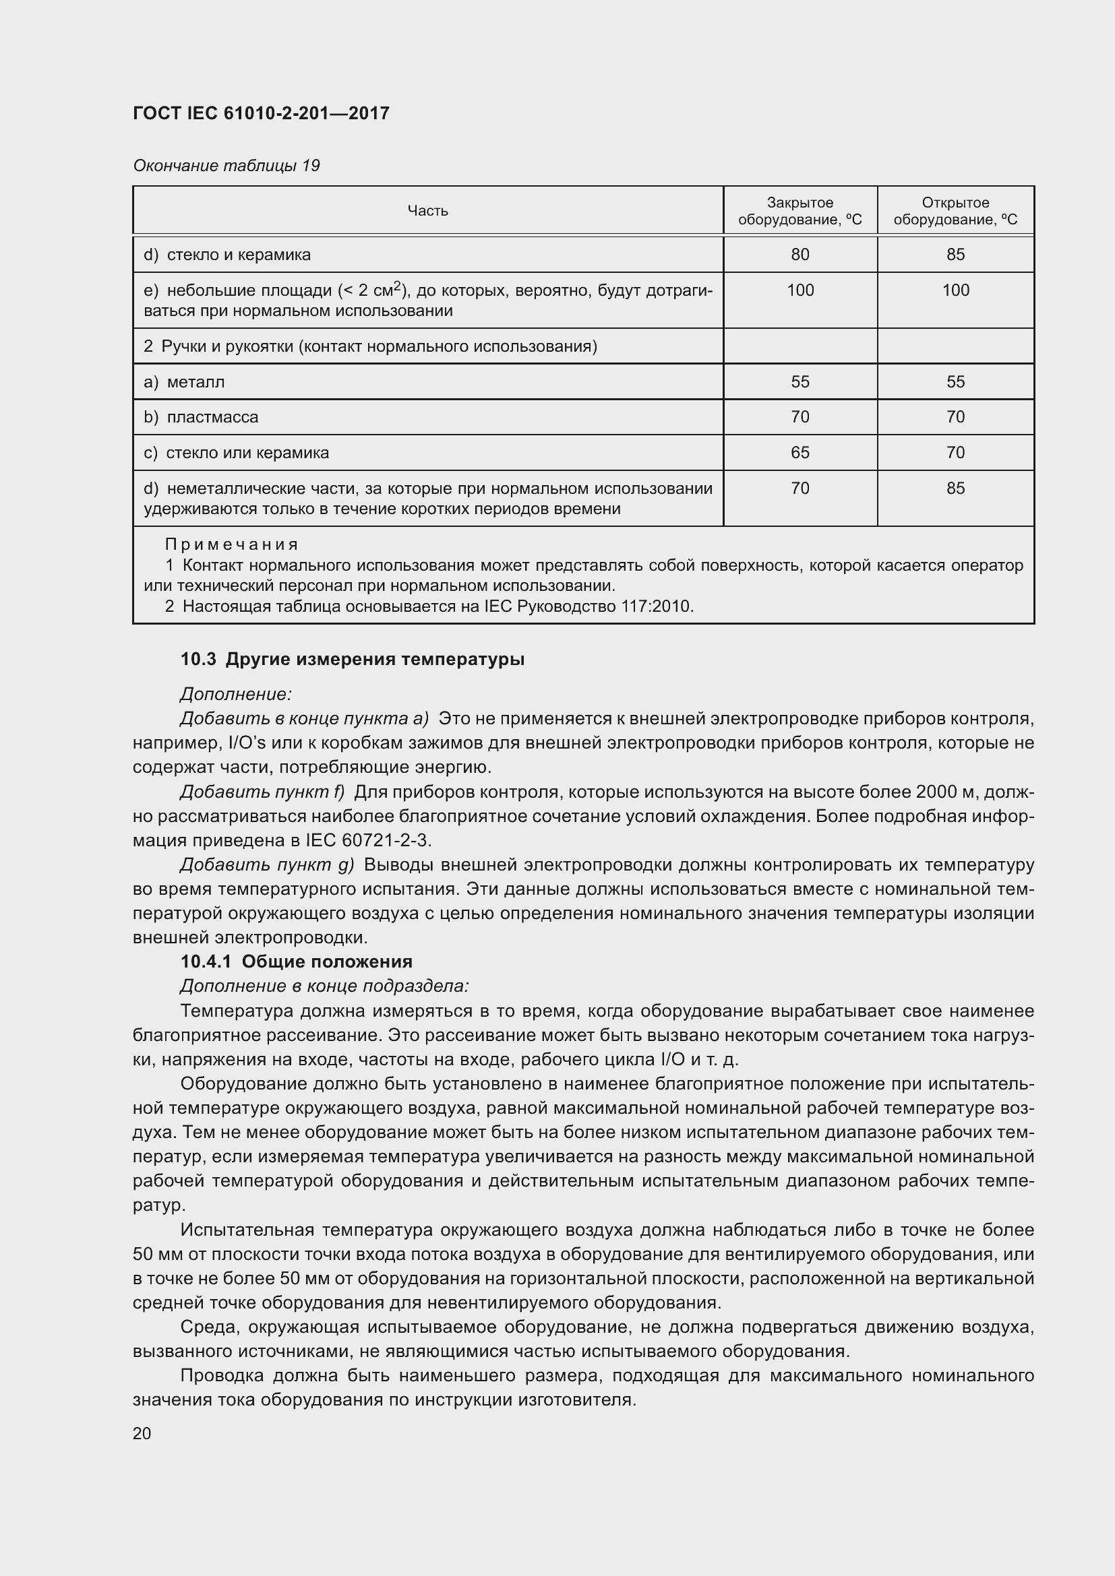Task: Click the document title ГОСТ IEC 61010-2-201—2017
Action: click(x=261, y=113)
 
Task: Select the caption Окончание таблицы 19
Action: click(x=226, y=166)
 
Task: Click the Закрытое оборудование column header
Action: click(x=800, y=211)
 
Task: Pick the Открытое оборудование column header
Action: click(x=955, y=211)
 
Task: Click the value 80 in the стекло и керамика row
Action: click(x=800, y=255)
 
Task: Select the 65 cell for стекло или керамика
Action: click(x=800, y=452)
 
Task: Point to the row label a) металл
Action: click(x=184, y=381)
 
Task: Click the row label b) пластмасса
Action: click(x=201, y=417)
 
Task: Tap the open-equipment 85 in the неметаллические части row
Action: click(x=955, y=488)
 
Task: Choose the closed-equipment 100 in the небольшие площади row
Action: click(x=800, y=290)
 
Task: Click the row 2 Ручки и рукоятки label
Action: click(x=370, y=346)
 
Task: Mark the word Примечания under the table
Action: click(x=231, y=544)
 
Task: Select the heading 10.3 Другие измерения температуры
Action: click(x=352, y=659)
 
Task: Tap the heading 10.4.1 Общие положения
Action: click(x=296, y=961)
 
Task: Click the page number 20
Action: click(x=142, y=1433)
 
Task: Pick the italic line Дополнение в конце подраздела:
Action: click(x=324, y=986)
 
